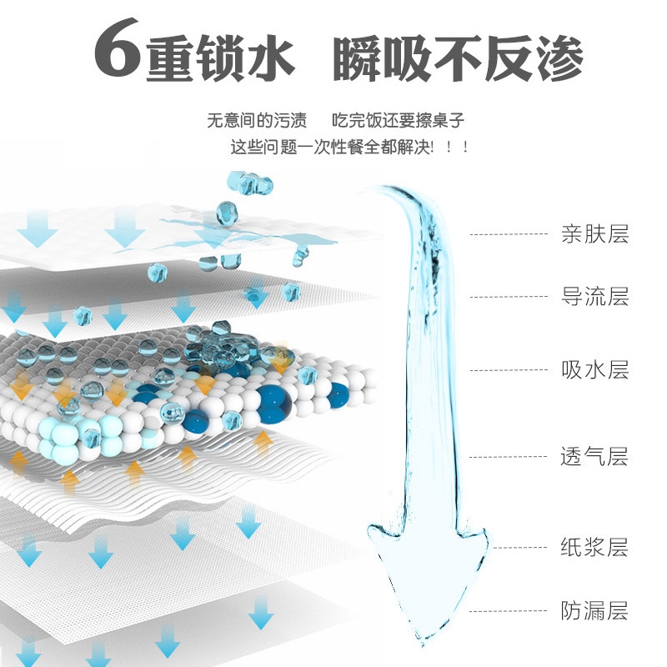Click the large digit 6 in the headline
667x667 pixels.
118,48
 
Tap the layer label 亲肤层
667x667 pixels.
595,234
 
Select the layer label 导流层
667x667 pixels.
595,297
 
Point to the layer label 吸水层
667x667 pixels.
595,369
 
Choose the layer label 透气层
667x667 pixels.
594,457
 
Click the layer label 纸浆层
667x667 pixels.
594,548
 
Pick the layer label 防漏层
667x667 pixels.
594,611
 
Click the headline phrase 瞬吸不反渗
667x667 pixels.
458,58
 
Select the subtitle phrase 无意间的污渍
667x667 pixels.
257,120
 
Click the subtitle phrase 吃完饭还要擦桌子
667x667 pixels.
399,120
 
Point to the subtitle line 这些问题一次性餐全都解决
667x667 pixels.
332,148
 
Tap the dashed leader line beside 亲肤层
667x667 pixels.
509,234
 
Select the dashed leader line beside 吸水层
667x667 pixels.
509,370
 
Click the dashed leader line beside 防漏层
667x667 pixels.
508,611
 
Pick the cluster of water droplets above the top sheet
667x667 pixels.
250,183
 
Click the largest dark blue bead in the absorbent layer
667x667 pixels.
273,404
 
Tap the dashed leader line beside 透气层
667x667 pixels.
508,457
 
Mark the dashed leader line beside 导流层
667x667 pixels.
509,297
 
